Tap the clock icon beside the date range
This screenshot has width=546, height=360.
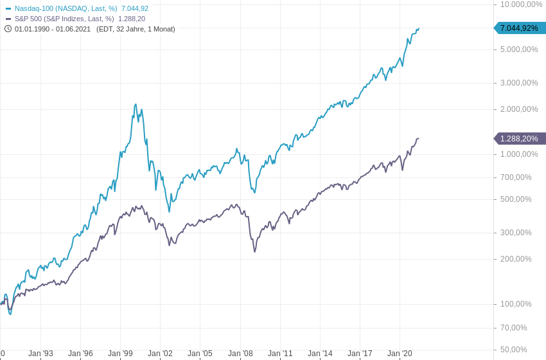click(8, 29)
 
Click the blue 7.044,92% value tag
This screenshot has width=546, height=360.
click(520, 28)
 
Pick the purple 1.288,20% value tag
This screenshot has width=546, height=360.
click(520, 139)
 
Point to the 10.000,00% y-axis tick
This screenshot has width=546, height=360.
click(521, 4)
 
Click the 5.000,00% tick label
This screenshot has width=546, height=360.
click(519, 50)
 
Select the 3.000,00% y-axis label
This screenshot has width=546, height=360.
click(519, 83)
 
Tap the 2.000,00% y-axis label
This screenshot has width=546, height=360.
click(519, 109)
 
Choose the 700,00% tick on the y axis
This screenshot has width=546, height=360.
click(516, 177)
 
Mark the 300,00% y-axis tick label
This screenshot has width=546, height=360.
click(516, 233)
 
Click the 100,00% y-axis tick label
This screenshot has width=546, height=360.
click(516, 304)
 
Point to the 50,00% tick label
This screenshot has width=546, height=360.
click(514, 350)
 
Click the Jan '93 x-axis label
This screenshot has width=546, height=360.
click(40, 354)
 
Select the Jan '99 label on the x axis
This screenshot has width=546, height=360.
click(120, 354)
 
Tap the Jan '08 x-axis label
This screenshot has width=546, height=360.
click(240, 354)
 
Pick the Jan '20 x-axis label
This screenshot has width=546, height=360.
click(400, 354)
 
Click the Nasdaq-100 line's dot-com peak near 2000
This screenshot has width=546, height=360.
click(136, 105)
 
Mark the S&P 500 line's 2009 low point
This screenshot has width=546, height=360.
click(254, 251)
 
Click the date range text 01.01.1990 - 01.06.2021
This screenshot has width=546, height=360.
click(53, 29)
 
